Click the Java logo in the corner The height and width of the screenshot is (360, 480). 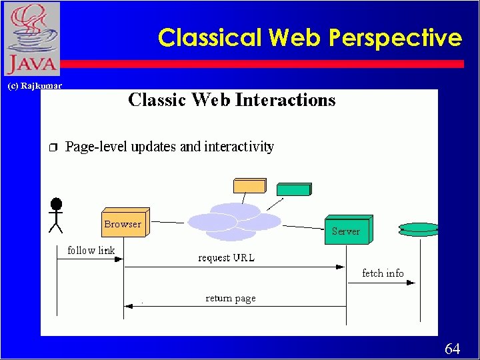click(31, 39)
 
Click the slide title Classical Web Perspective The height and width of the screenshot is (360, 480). click(309, 37)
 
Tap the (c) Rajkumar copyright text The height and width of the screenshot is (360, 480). click(34, 86)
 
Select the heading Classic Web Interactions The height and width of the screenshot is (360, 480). click(231, 100)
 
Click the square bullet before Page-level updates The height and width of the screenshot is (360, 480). click(53, 147)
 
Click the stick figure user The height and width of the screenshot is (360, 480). click(56, 215)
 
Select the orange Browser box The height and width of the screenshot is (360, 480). click(124, 223)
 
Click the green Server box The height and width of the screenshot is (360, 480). click(347, 230)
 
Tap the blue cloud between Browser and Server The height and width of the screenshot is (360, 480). click(235, 221)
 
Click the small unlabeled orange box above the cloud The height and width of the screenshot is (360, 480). click(248, 185)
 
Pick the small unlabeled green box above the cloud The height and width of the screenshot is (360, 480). click(294, 189)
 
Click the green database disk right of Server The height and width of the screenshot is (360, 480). click(419, 229)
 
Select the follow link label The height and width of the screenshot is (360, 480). click(91, 251)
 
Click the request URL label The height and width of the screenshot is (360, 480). click(226, 257)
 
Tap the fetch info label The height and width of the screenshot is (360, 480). click(383, 273)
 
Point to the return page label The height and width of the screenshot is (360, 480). click(230, 298)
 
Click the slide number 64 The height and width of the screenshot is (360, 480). click(452, 349)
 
